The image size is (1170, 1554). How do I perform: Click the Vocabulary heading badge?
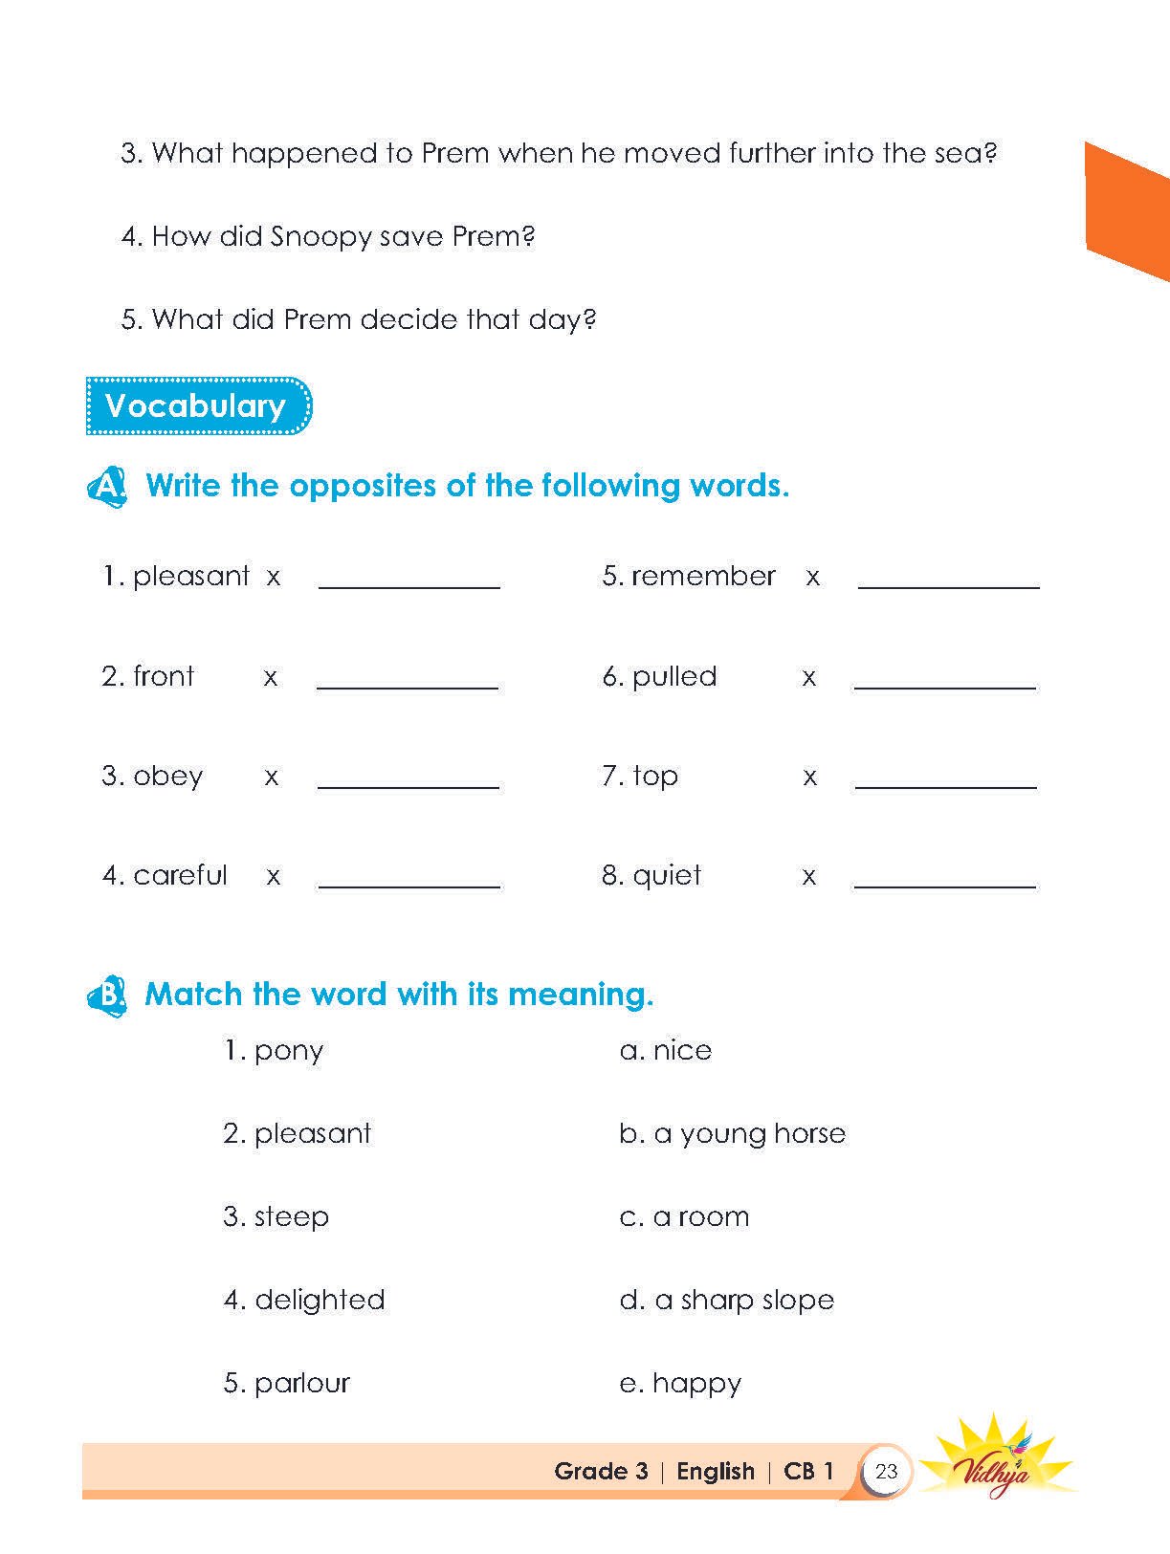(198, 406)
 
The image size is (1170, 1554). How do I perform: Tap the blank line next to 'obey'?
(408, 786)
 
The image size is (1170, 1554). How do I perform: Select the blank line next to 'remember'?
(948, 586)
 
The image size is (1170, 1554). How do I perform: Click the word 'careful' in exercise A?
(180, 875)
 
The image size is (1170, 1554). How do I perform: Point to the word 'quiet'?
(667, 875)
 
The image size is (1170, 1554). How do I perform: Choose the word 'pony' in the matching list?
(288, 1051)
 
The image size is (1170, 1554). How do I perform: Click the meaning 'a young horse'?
(749, 1134)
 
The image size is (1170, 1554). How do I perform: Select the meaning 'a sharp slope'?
(743, 1300)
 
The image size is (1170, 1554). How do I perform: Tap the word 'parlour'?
(301, 1383)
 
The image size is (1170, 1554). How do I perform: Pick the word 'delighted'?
(320, 1300)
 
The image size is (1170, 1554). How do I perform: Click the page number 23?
(886, 1471)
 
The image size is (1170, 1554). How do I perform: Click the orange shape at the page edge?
(1126, 211)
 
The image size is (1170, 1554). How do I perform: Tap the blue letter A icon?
(107, 486)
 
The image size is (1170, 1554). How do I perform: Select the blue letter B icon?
(107, 996)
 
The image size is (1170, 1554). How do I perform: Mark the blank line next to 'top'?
(945, 786)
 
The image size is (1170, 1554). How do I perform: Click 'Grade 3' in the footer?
(601, 1471)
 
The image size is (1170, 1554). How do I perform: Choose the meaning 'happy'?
(696, 1384)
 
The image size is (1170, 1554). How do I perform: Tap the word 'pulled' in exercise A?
(674, 676)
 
